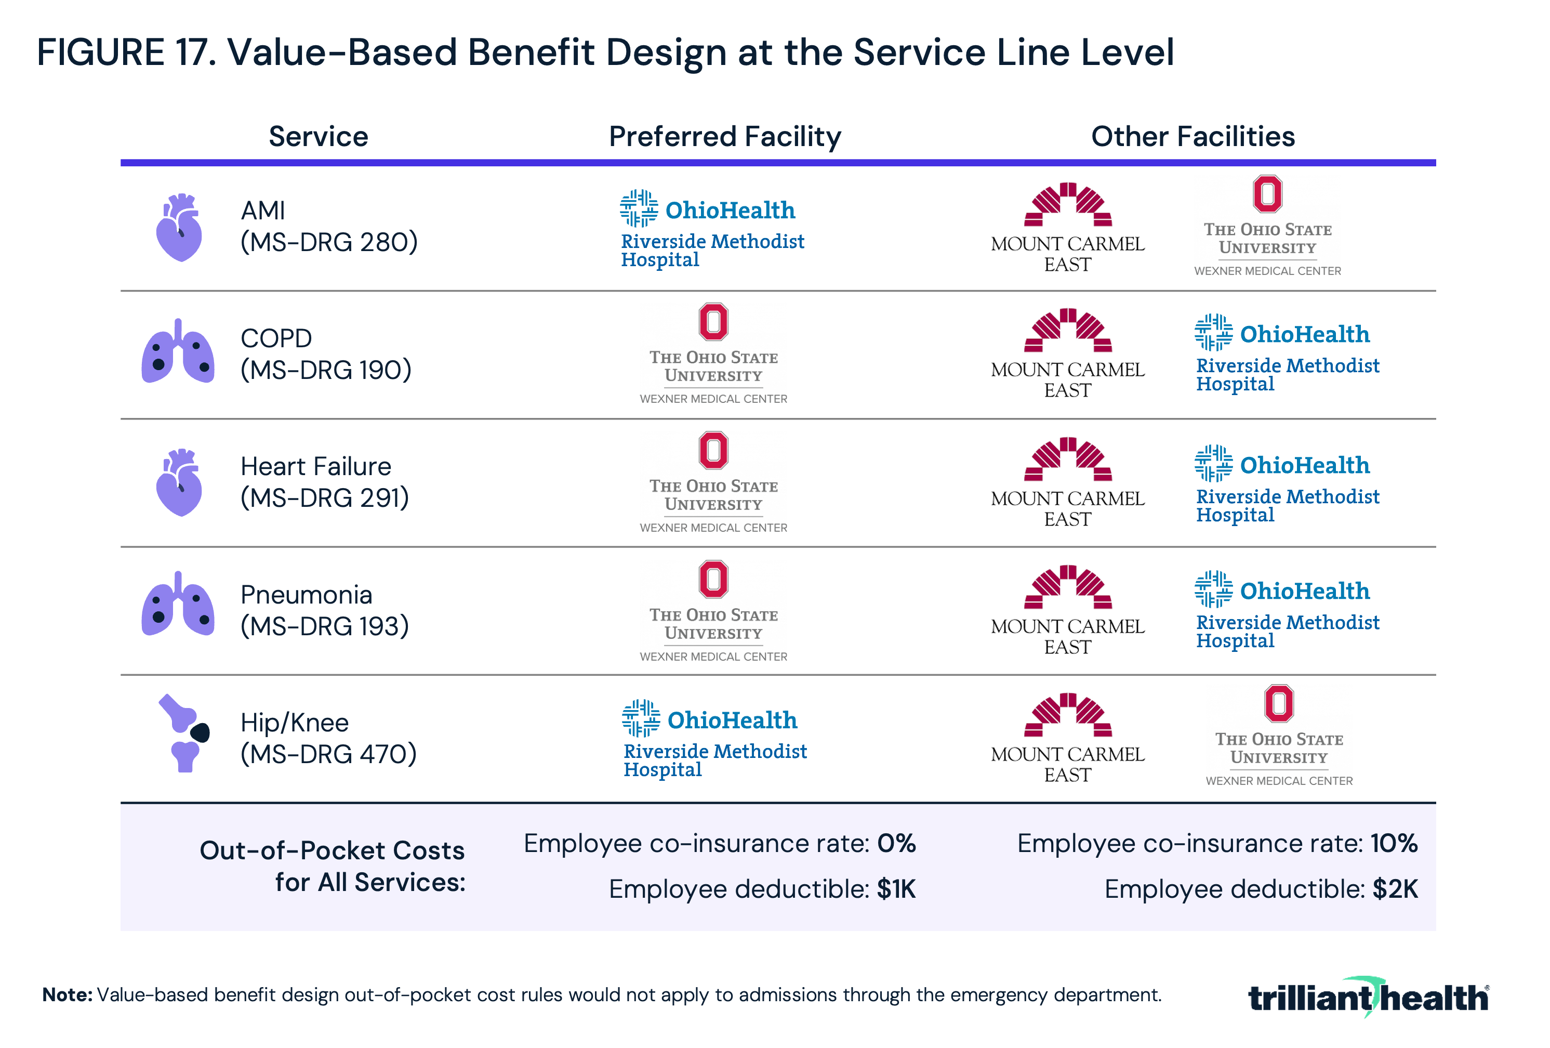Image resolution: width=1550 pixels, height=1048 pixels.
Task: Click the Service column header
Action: click(318, 137)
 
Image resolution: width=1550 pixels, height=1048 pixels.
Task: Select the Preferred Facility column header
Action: click(725, 137)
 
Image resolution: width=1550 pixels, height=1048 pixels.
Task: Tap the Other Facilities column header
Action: click(1193, 137)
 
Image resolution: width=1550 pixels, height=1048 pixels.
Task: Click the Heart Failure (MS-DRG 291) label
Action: click(324, 482)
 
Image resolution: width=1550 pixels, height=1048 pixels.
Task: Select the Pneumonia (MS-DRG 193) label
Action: click(324, 610)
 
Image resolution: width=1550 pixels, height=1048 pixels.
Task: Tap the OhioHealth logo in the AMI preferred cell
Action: click(712, 229)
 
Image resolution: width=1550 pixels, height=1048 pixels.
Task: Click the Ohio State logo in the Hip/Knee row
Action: click(1279, 736)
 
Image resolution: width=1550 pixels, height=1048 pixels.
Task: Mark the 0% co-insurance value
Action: click(896, 844)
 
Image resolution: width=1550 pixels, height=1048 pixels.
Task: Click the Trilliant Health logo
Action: click(1367, 997)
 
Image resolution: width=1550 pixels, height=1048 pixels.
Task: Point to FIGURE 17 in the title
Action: click(127, 52)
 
